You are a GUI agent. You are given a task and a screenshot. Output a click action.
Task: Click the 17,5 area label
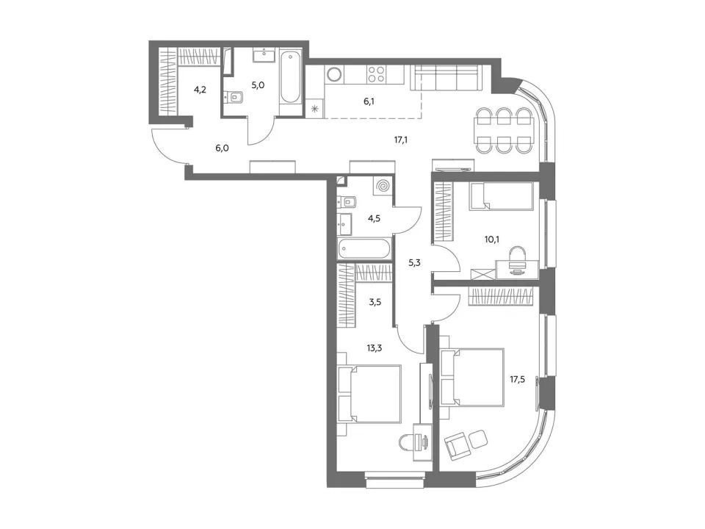point(517,379)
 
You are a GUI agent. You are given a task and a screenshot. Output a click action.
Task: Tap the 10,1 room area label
point(492,240)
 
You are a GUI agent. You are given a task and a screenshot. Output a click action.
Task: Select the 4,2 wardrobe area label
point(200,90)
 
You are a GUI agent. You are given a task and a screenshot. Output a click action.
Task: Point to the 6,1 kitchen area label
point(369,101)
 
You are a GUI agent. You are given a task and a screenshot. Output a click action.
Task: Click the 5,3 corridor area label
point(414,263)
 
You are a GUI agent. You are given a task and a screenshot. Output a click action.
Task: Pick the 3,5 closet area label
point(375,302)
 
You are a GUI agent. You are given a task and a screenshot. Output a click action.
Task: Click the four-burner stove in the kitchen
point(376,73)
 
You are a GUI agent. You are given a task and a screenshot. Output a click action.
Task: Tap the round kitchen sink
point(334,73)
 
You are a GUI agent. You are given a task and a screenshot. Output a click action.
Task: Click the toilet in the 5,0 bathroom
point(234,97)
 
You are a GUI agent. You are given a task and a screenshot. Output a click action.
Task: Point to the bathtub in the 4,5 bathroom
point(365,249)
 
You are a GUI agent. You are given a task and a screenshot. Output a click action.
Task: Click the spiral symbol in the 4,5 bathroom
point(383,186)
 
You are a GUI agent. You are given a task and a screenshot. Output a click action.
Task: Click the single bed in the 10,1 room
point(502,196)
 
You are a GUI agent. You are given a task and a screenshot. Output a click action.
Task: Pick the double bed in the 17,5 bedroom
point(472,377)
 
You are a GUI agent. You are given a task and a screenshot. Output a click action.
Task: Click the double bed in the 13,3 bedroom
point(369,394)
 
